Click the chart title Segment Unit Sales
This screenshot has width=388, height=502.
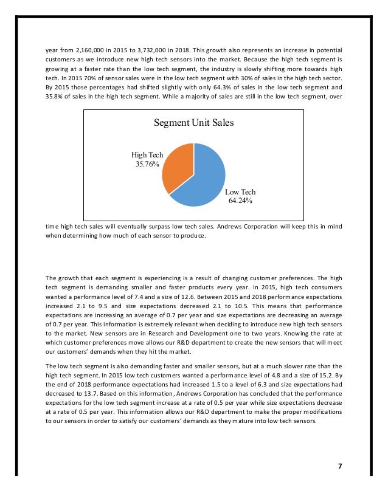(x=193, y=122)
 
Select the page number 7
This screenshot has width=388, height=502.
(x=340, y=466)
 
